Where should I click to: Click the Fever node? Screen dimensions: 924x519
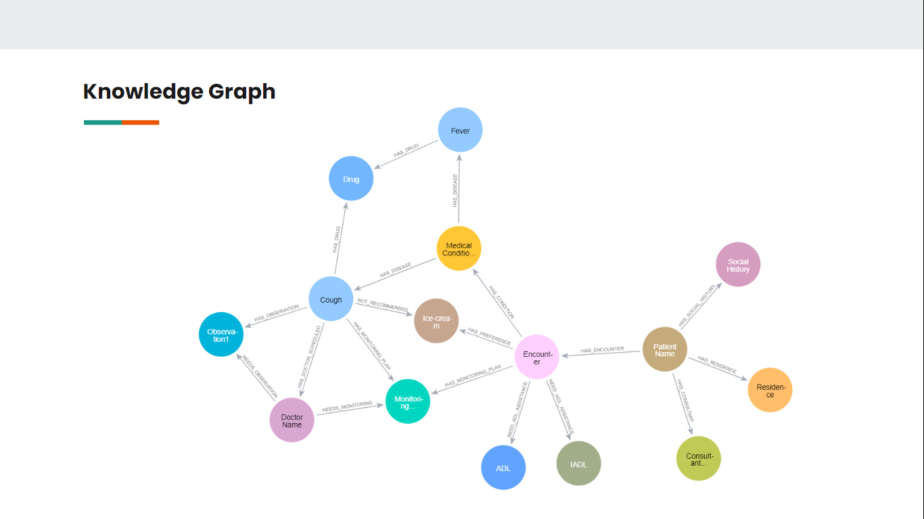pos(460,130)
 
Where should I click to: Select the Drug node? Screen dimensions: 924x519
pos(351,179)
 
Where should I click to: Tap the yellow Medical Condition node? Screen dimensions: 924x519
pos(459,249)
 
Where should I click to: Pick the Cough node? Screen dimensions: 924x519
pos(331,299)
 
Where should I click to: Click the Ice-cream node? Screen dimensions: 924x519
pos(436,321)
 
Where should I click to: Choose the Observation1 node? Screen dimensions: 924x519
pos(221,335)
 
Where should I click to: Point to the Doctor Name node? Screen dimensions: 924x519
pos(292,420)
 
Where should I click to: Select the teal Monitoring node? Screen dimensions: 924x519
pos(408,402)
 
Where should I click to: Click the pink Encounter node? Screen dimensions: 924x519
pos(537,357)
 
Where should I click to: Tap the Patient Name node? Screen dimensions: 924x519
pos(664,349)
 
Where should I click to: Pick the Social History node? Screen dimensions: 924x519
pos(738,265)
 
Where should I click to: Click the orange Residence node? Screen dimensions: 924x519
pos(770,390)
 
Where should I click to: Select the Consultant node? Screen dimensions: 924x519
pos(699,459)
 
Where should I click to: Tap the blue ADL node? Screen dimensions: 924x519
pos(503,468)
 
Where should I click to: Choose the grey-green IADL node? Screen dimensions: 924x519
pos(578,464)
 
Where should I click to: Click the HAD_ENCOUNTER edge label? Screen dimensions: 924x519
pos(602,349)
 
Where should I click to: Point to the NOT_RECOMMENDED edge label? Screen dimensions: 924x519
pos(382,304)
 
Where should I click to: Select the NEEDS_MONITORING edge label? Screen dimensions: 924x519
pos(347,407)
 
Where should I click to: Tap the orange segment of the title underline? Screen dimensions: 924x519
pos(140,122)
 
